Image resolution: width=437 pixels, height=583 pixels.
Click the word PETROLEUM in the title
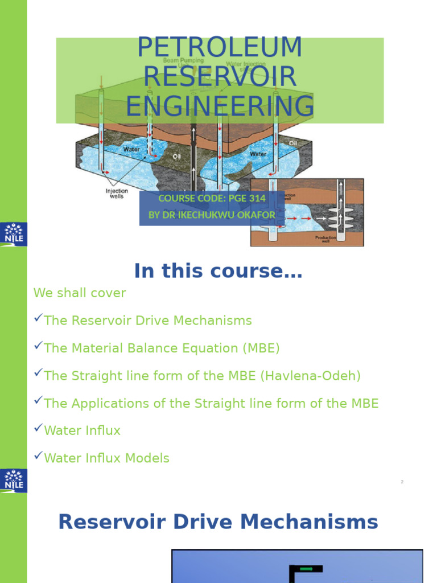[219, 48]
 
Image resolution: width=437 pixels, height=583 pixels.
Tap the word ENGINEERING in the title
[220, 106]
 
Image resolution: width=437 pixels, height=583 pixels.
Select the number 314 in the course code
[255, 198]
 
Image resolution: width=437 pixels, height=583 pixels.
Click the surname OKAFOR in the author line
[254, 215]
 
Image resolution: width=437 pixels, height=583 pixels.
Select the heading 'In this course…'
[218, 272]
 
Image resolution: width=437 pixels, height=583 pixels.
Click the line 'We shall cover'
[80, 293]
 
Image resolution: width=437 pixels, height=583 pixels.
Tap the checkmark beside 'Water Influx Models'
[38, 455]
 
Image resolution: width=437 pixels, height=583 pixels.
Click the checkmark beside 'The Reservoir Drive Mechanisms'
[38, 318]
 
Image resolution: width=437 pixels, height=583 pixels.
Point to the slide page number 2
[402, 482]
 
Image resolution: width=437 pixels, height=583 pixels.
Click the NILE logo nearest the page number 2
[13, 481]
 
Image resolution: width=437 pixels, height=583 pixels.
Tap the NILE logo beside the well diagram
[13, 234]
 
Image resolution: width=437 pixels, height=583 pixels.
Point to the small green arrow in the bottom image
[306, 568]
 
